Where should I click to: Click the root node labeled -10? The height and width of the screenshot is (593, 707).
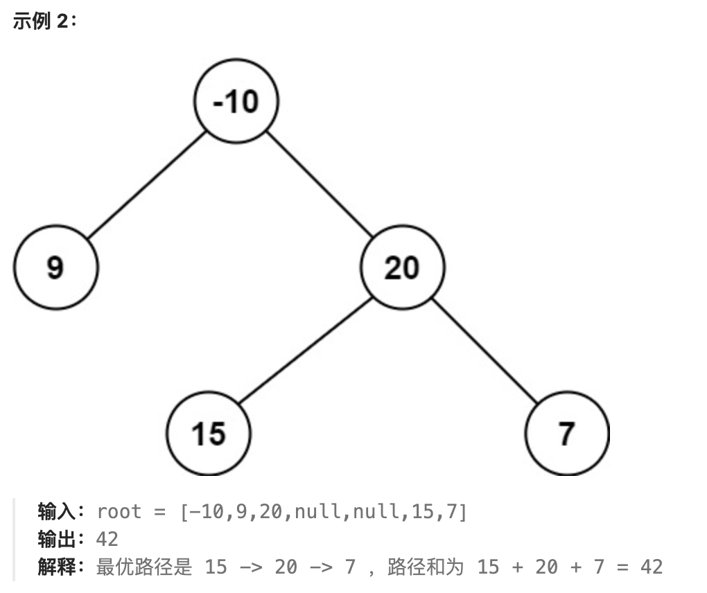click(236, 101)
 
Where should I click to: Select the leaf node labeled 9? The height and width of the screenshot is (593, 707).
click(55, 267)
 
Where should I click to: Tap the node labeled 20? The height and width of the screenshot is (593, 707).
click(402, 267)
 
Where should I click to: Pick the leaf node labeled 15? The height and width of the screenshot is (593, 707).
click(208, 434)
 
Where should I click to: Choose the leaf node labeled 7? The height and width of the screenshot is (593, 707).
click(567, 434)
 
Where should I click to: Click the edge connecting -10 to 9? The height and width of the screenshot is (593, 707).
click(147, 184)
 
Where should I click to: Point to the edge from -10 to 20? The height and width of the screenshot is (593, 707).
click(319, 184)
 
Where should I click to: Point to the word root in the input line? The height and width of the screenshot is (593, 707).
click(119, 512)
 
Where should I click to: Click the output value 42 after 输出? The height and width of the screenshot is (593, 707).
click(107, 539)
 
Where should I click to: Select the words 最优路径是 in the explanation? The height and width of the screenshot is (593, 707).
click(143, 567)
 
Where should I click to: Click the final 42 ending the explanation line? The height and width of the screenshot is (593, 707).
click(651, 567)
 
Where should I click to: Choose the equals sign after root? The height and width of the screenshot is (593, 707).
click(160, 512)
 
